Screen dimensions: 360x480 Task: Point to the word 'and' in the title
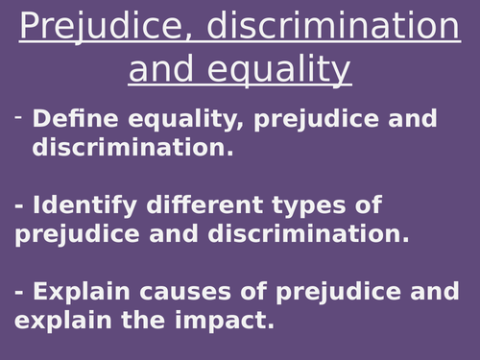pos(164,69)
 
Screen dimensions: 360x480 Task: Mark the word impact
pos(226,320)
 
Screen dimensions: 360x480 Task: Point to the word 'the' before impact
pos(142,320)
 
